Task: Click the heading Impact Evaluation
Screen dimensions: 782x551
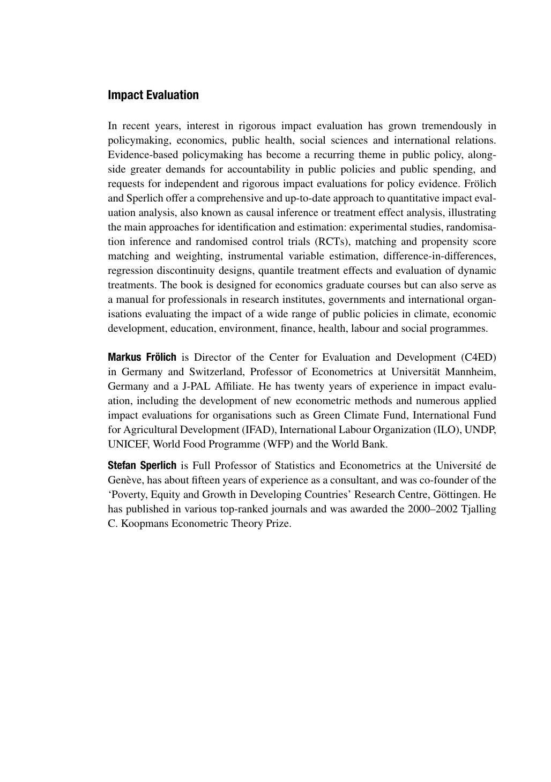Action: click(153, 95)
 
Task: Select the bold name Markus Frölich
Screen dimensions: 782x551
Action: click(142, 358)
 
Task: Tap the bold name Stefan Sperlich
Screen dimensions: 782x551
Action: click(142, 466)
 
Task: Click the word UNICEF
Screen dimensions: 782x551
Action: click(129, 444)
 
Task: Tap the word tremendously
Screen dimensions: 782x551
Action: click(451, 126)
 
